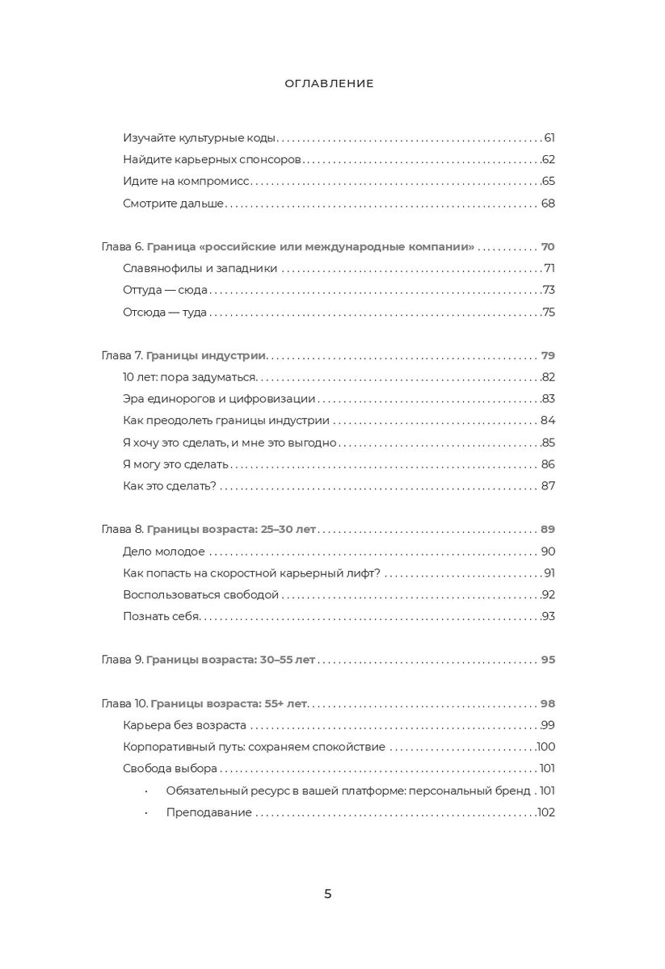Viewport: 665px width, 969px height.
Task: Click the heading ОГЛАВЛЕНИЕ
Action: point(329,83)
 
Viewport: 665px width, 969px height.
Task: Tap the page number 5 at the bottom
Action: point(328,893)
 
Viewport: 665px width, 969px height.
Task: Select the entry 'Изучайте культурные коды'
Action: point(200,138)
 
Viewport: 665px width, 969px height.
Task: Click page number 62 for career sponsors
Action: point(549,160)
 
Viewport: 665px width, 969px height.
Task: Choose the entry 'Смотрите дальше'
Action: point(173,203)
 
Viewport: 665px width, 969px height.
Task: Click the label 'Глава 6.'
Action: point(123,247)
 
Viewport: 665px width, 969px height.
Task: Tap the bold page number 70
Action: point(548,247)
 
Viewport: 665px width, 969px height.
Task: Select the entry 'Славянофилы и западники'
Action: point(200,269)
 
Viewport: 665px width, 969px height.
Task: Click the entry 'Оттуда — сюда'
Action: point(166,291)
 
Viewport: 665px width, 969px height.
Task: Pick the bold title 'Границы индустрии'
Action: point(207,356)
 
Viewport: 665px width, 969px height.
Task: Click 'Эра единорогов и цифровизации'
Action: point(219,399)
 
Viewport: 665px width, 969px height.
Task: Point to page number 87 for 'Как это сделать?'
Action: point(548,486)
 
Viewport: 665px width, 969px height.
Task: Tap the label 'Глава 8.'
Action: point(123,530)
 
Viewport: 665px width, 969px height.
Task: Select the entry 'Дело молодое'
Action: point(164,552)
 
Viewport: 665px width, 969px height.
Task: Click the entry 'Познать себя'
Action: point(160,617)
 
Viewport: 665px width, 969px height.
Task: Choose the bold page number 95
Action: point(548,660)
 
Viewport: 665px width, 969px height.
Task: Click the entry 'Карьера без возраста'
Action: point(185,725)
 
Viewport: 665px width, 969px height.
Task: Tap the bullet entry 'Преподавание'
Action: point(209,812)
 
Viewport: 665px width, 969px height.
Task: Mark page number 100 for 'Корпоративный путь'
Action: point(546,747)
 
